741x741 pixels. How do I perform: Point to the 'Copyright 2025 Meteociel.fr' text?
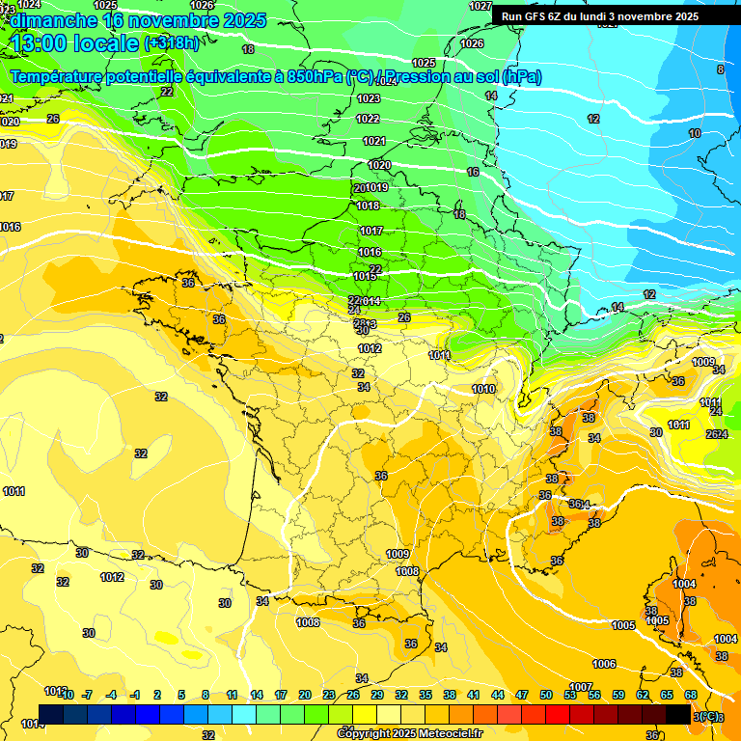point(409,733)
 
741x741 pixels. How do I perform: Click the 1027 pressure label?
point(480,7)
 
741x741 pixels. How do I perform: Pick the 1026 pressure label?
point(472,43)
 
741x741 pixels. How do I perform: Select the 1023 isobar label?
point(369,98)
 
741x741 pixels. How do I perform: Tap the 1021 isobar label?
point(374,141)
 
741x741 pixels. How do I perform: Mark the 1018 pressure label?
point(368,206)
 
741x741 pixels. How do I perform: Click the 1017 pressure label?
point(371,231)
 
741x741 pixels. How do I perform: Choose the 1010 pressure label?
point(483,389)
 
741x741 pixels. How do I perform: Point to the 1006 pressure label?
point(604,664)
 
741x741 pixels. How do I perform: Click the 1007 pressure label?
point(581,687)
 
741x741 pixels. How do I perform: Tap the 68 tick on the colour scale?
point(691,695)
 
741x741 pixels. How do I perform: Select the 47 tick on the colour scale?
point(522,695)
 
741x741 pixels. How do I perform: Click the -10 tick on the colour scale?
point(66,695)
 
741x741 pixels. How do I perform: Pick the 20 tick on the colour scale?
point(305,695)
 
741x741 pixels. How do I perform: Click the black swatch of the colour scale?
point(679,714)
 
